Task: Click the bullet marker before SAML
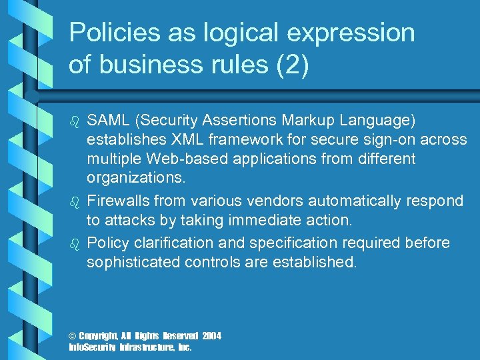click(x=74, y=121)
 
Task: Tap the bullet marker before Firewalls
click(x=74, y=201)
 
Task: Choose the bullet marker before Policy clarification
click(x=74, y=243)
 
